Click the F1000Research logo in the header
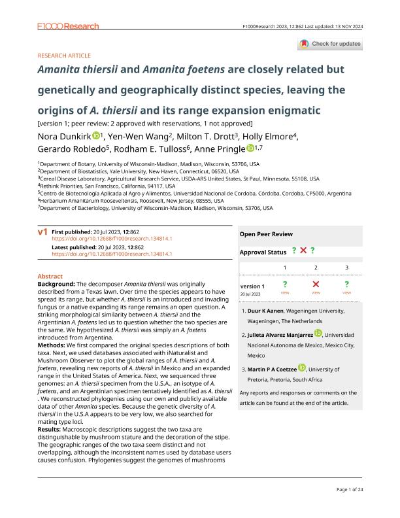coord(68,26)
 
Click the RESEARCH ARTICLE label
coord(65,56)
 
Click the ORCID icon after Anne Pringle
coord(251,148)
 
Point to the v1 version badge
coord(43,232)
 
